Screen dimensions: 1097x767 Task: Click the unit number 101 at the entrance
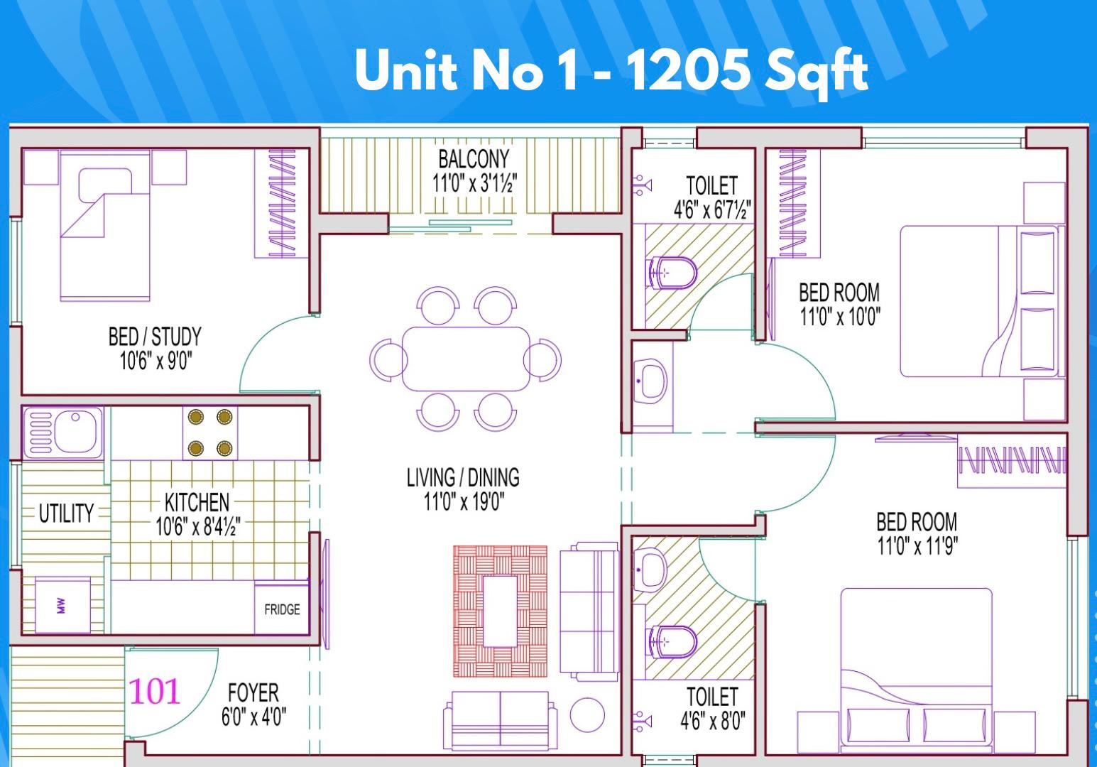155,692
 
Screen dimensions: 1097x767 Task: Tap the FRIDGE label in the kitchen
282,610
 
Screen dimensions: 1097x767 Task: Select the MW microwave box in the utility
62,605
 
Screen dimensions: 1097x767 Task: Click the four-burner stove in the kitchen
210,433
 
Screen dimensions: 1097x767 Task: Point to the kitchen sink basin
75,433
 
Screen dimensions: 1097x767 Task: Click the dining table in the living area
466,359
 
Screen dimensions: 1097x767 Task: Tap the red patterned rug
500,611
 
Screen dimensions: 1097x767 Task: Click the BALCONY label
474,159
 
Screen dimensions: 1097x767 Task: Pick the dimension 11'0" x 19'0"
464,502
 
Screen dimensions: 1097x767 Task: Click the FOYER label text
253,693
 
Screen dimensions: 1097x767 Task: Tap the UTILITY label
66,513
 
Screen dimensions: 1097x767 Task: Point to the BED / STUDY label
155,337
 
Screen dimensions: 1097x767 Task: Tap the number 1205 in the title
688,72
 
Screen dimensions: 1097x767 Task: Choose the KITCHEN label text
197,503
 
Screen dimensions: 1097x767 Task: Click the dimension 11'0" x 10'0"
840,317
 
